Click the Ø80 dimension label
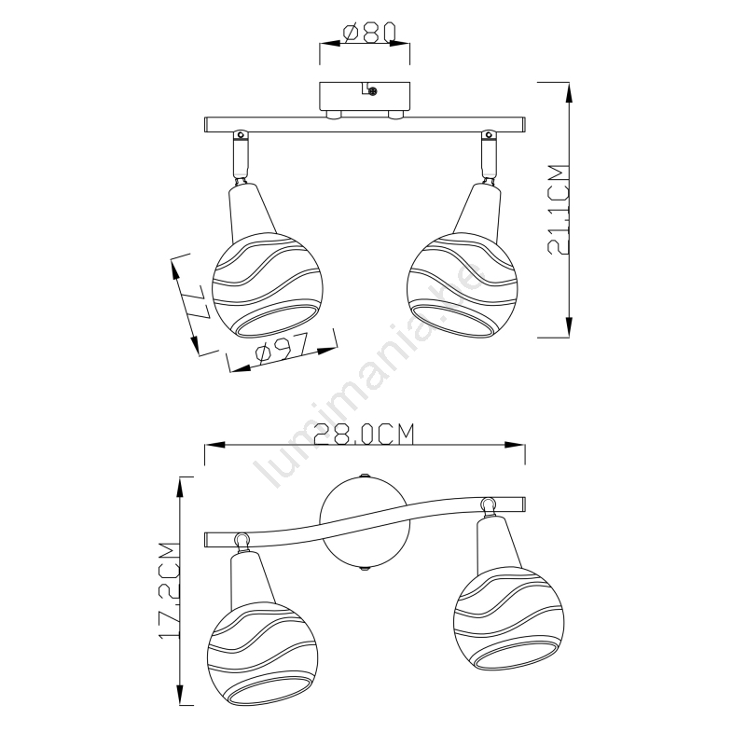coord(369,33)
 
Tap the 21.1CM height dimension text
coord(559,210)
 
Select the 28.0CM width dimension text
coord(364,434)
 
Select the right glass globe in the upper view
coord(462,285)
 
